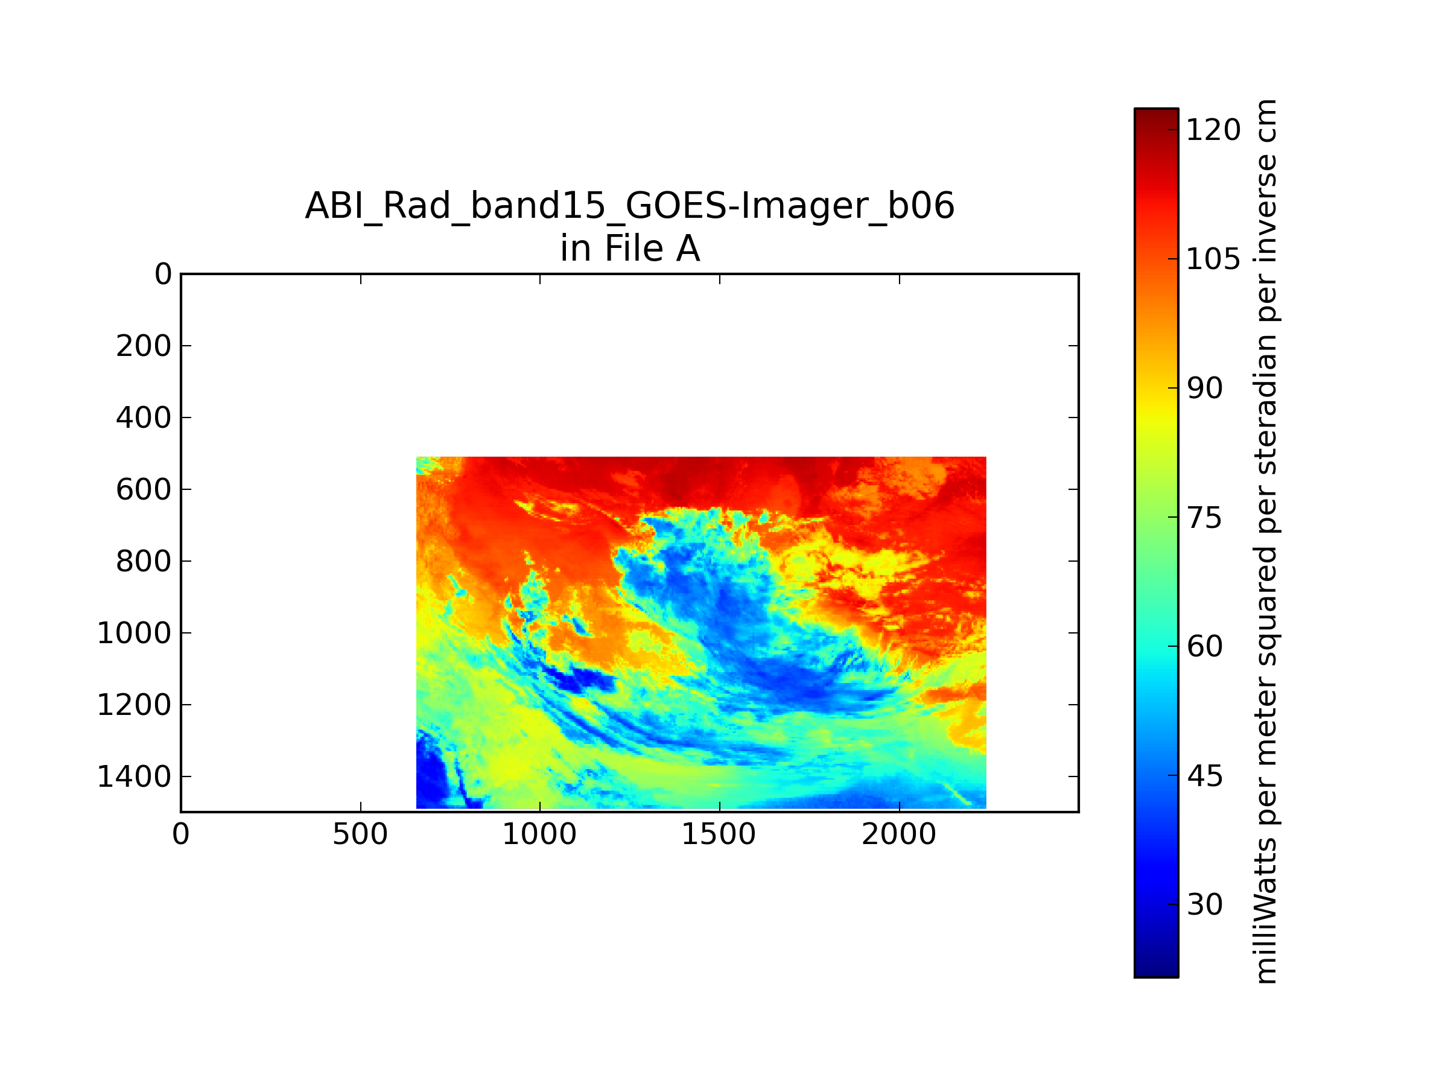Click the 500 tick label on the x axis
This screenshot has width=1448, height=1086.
pos(360,834)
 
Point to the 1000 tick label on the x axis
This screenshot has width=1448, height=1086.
pos(539,834)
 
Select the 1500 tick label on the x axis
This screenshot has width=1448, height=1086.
pos(719,834)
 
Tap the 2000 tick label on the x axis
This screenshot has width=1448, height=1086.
pos(899,834)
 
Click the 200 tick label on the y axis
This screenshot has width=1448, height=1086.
pos(144,346)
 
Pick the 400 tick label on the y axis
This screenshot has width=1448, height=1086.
pos(144,418)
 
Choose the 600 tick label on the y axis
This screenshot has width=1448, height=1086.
pos(144,490)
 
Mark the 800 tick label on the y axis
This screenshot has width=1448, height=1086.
pos(144,562)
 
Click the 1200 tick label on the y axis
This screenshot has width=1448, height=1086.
pos(134,705)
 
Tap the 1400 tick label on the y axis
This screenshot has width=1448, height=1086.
pos(134,777)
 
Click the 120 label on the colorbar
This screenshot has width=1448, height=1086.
pos(1213,130)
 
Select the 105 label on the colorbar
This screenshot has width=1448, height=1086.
pos(1213,260)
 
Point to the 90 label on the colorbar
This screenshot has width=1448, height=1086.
pos(1204,389)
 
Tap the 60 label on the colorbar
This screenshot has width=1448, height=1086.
pos(1204,647)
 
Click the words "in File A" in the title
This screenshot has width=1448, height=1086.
pos(630,249)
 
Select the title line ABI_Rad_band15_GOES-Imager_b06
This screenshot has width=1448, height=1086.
pos(630,207)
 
